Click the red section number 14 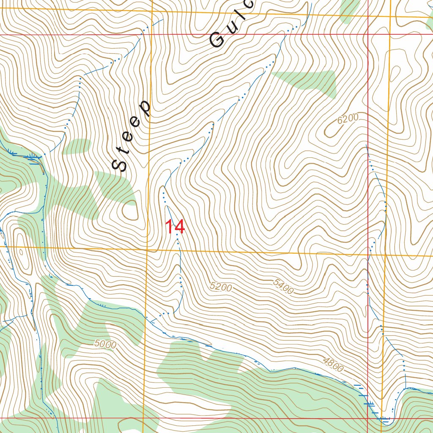click(x=175, y=227)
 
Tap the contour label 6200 click(x=348, y=119)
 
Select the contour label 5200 click(x=220, y=287)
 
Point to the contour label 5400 click(x=283, y=287)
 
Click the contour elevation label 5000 click(x=105, y=345)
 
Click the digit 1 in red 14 click(x=169, y=227)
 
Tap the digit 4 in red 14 click(x=179, y=227)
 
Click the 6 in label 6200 click(x=340, y=122)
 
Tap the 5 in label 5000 click(x=98, y=344)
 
